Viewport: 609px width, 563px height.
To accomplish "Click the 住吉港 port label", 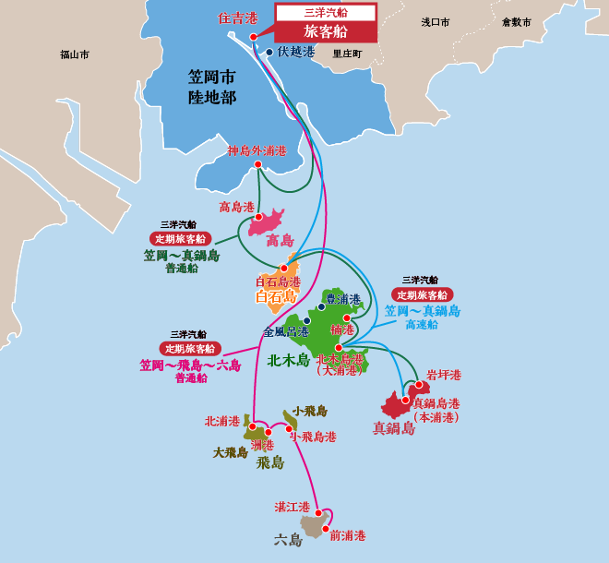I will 237,17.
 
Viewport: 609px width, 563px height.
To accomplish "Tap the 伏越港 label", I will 296,52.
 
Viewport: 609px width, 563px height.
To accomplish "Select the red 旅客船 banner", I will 326,31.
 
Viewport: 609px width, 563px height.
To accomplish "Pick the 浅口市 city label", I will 435,21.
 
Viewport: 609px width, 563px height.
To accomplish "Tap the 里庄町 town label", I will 348,54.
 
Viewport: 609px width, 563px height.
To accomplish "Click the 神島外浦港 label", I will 257,150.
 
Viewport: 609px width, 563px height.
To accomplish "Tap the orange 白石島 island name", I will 276,296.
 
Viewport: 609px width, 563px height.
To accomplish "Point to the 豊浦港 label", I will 343,299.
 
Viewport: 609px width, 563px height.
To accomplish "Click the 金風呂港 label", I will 285,331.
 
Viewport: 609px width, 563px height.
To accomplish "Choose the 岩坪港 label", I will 444,375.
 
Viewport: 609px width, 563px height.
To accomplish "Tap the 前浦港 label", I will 348,535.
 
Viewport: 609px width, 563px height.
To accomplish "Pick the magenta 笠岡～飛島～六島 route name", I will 190,365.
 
